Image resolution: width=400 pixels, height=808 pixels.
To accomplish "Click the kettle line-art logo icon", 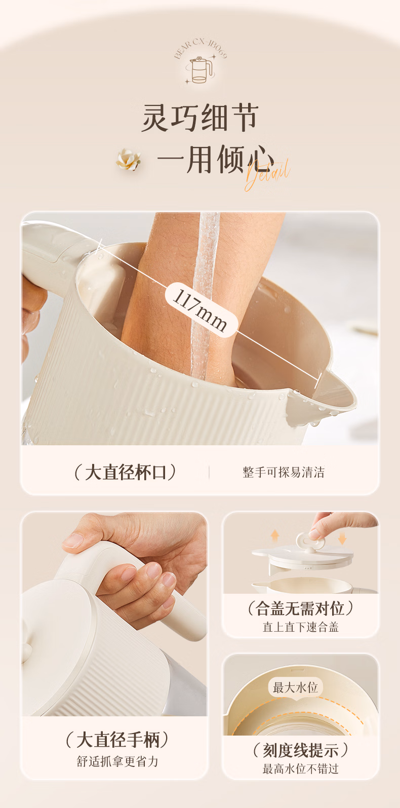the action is click(200, 70).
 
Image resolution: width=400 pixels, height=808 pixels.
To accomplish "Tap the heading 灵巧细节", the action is click(200, 118).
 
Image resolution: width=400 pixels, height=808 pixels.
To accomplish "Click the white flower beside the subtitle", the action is click(129, 160).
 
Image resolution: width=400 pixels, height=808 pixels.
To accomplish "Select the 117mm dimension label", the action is click(201, 310).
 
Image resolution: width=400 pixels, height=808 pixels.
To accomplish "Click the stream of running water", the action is click(204, 296).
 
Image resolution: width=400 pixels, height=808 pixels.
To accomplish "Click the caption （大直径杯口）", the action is click(125, 472).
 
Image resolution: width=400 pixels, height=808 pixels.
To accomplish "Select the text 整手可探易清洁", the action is click(284, 472).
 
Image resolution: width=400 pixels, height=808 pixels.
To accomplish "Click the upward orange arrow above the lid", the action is click(275, 535).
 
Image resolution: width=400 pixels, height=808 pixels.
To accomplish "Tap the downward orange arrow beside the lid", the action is click(342, 538).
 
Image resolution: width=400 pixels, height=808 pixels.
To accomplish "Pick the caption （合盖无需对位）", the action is click(300, 609).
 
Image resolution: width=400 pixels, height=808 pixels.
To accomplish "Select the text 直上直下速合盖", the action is click(300, 627).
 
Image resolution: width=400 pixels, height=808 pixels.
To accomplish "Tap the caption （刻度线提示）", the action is click(300, 751).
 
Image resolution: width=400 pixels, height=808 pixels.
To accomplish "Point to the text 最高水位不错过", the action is click(300, 769).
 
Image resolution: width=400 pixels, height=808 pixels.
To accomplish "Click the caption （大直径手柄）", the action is click(117, 740).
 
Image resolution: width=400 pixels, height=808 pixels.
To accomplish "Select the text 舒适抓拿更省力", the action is click(117, 761).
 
